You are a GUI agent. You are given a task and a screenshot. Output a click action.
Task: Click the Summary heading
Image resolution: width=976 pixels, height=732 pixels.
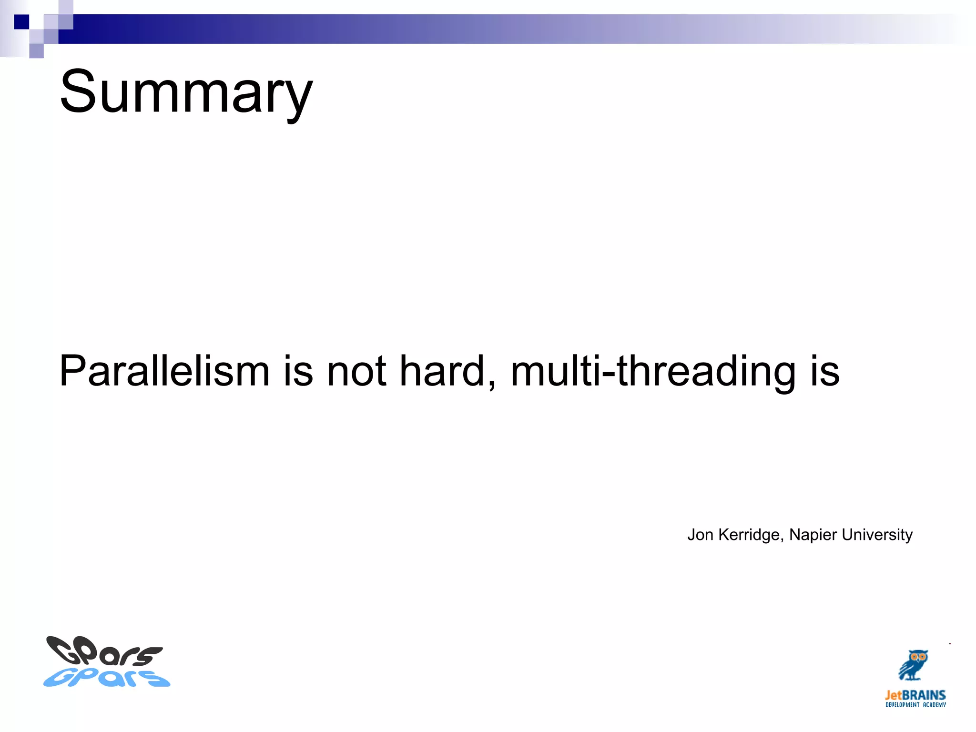[186, 91]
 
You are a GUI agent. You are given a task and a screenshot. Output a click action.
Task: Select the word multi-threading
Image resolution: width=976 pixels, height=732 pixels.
[652, 371]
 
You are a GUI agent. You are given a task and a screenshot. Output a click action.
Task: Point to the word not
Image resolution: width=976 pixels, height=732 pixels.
[356, 371]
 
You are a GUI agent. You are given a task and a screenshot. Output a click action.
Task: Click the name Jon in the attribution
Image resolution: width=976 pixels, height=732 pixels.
[700, 535]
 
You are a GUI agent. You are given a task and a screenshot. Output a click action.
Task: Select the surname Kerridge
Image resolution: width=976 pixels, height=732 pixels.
[749, 535]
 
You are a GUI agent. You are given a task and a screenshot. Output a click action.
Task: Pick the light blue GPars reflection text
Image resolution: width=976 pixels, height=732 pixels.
[107, 678]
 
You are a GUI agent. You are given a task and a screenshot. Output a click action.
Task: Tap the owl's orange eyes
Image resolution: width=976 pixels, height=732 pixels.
[917, 657]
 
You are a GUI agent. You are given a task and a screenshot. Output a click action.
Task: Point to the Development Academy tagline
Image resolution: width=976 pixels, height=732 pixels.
[915, 705]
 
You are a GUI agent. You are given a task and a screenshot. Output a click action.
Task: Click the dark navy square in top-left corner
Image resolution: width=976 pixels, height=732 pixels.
[21, 22]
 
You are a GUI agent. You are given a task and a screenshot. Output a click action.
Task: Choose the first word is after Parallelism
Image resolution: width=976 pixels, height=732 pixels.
[298, 371]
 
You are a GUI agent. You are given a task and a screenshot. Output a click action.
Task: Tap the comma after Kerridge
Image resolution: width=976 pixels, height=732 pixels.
[782, 539]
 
